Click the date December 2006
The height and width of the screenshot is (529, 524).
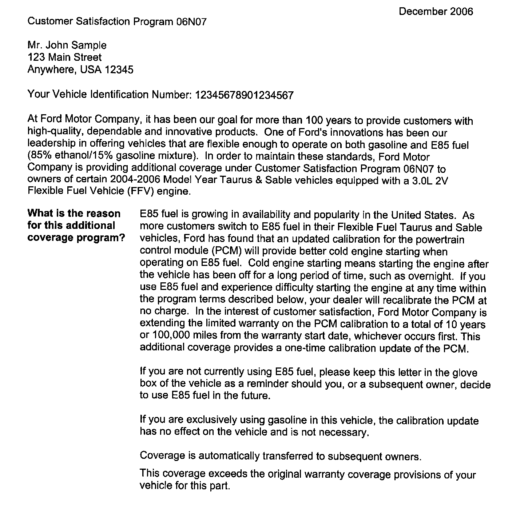point(436,12)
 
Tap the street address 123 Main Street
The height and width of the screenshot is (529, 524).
point(65,57)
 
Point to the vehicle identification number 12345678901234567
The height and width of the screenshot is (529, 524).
point(244,95)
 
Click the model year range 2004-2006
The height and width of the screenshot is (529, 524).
point(135,180)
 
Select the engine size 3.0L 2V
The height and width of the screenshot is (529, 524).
point(430,181)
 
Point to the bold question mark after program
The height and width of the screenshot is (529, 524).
point(123,238)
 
